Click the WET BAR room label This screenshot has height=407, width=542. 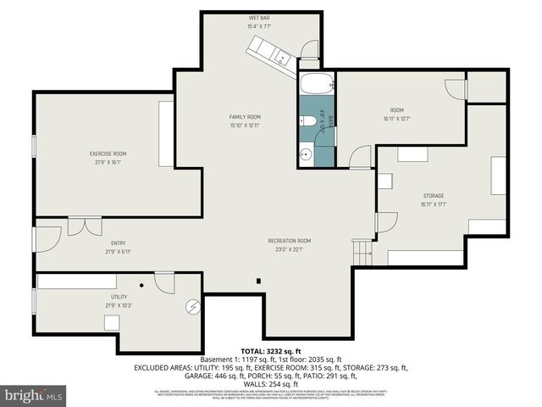coord(259,19)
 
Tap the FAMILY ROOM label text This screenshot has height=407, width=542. coord(244,117)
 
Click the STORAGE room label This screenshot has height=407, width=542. coord(433,196)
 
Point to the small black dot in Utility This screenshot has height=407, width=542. coord(142,286)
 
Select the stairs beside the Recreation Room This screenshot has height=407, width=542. coord(362,251)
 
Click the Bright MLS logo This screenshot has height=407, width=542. coord(34,394)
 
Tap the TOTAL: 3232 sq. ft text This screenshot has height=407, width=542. coord(270,350)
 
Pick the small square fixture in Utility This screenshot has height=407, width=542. coord(111,321)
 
